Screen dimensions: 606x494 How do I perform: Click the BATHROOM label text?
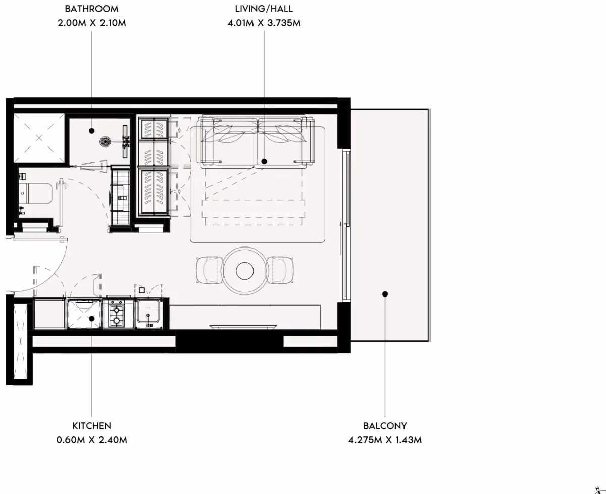(x=91, y=9)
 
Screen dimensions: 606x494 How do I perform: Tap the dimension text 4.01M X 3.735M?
(x=264, y=23)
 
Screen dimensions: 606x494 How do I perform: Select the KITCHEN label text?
(x=91, y=426)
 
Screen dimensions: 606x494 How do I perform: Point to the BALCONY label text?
(x=385, y=426)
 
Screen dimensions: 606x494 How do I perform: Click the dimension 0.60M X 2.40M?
(x=91, y=440)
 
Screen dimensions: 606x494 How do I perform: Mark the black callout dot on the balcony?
(x=385, y=294)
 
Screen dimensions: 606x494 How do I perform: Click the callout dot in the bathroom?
(x=91, y=131)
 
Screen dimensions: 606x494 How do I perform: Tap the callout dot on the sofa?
(x=264, y=161)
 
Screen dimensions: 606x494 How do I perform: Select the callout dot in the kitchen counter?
(x=91, y=319)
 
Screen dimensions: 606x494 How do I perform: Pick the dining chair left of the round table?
(x=210, y=270)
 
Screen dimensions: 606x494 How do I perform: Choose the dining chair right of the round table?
(x=280, y=270)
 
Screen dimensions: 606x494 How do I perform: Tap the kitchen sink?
(x=148, y=313)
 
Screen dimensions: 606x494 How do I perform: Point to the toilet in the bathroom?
(x=35, y=193)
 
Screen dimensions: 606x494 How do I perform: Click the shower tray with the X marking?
(x=39, y=138)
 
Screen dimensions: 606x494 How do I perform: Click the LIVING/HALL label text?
(x=264, y=9)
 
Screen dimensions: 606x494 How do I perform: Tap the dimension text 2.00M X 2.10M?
(x=91, y=23)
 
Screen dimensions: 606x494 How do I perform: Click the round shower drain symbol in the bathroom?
(x=105, y=141)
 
